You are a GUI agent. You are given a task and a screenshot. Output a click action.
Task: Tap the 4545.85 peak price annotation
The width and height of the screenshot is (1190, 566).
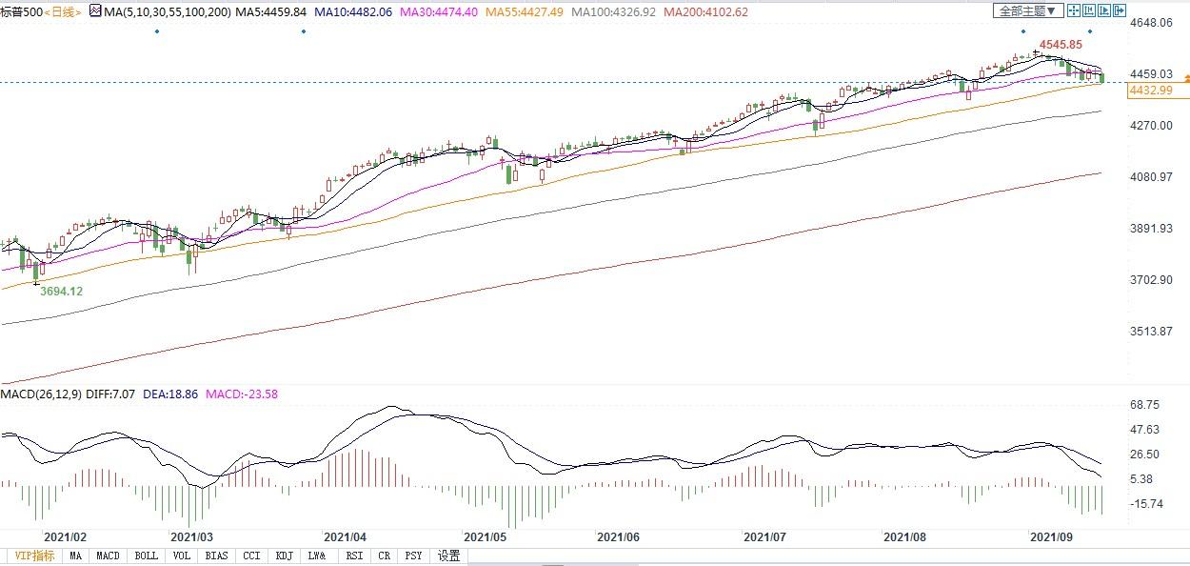1061,45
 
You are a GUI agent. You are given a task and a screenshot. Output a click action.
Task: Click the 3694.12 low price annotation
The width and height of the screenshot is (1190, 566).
61,291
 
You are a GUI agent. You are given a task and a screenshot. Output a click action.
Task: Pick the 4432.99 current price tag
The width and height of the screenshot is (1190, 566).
1148,90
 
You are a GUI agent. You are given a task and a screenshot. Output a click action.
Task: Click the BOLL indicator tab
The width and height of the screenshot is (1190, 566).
146,556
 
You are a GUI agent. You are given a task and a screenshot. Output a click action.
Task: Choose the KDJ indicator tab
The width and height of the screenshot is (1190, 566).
284,556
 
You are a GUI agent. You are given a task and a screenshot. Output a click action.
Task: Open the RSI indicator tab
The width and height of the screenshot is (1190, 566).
354,556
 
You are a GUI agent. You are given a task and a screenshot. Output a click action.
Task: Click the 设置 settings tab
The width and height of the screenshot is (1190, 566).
448,556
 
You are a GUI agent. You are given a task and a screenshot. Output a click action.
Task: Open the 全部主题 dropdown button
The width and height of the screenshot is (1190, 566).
1027,10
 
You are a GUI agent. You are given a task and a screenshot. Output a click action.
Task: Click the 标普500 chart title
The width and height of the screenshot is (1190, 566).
21,11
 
